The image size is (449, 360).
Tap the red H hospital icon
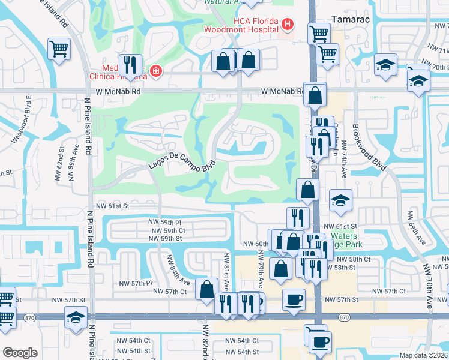pos(288,25)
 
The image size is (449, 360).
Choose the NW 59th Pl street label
pos(165,221)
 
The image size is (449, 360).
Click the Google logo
pos(20,353)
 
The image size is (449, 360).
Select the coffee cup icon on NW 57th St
pos(294,299)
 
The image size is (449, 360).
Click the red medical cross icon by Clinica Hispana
pos(156,71)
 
